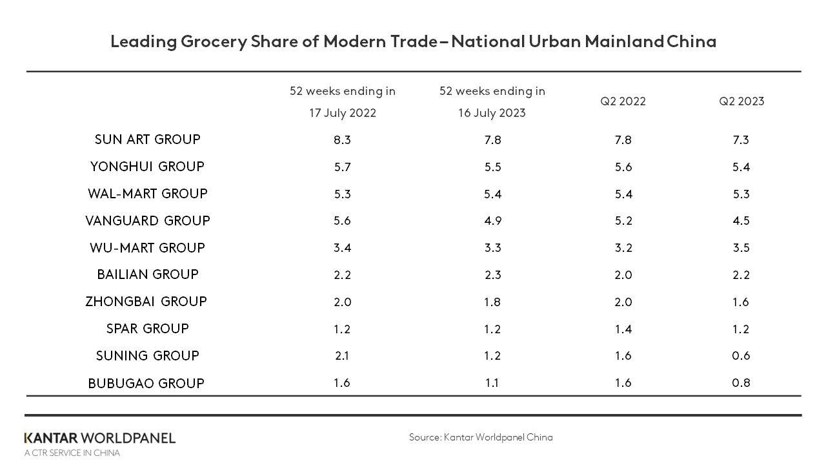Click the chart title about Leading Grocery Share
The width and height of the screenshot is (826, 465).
coord(413,41)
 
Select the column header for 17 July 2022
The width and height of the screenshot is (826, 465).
coord(342,102)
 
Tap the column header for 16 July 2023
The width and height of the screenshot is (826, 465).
coord(492,102)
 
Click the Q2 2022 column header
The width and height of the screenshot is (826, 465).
coord(623,101)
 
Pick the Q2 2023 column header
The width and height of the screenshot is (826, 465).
coord(741,101)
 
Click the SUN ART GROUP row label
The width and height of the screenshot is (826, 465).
coord(147,139)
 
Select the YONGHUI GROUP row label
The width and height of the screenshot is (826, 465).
coord(147,167)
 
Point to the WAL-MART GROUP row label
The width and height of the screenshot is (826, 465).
coord(147,194)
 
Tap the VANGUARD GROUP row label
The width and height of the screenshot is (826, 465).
coord(147,221)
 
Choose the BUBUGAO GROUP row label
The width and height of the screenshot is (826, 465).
coord(146,384)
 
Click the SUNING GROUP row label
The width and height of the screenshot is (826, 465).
coord(147,356)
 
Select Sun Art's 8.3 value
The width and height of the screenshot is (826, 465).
coord(342,140)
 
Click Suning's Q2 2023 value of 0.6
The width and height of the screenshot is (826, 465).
coord(741,356)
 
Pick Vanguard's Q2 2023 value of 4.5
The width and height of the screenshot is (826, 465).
coord(741,221)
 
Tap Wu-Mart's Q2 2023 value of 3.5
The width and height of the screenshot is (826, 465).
coord(741,248)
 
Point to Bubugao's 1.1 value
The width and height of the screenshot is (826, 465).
coord(492,383)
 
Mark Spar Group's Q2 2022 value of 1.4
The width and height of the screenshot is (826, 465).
coord(623,329)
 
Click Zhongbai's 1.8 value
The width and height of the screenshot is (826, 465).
coord(492,302)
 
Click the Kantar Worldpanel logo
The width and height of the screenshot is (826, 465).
coord(100,439)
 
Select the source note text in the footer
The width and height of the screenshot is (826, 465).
coord(481,437)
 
